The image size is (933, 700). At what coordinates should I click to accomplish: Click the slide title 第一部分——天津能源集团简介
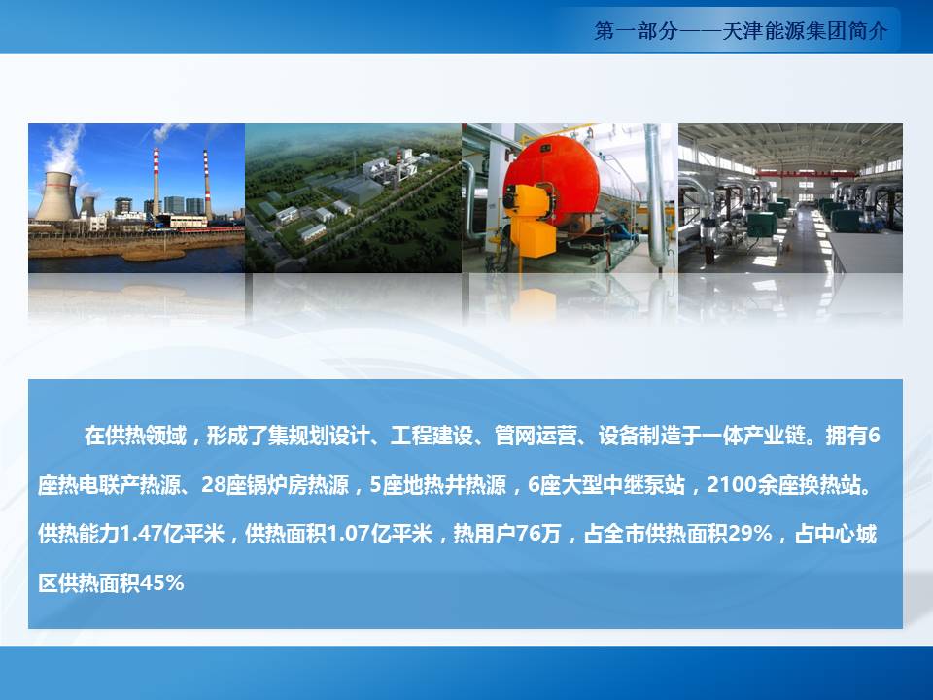741,30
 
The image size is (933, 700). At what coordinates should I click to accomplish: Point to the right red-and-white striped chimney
206,185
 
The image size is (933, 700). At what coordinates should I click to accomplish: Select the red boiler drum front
542,179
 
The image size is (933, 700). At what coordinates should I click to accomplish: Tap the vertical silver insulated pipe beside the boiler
653,195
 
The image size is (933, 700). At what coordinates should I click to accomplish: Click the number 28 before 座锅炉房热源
213,485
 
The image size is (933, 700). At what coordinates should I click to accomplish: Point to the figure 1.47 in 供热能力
141,534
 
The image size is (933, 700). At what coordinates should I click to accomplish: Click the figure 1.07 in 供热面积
348,534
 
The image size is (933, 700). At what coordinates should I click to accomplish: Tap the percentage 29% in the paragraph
749,534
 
